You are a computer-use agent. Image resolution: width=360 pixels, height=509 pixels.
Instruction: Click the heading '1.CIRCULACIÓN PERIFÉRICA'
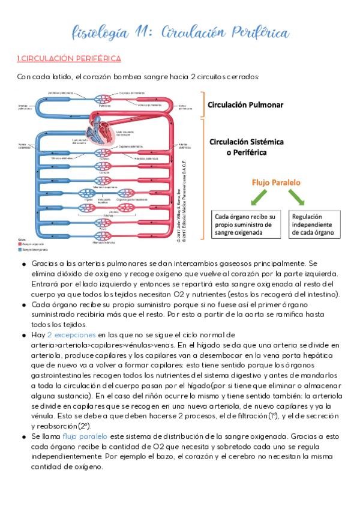pos(69,58)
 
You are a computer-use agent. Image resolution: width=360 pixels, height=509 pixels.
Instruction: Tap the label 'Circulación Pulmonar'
pos(245,104)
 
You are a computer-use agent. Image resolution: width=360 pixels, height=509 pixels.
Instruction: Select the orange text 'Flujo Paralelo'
pos(276,182)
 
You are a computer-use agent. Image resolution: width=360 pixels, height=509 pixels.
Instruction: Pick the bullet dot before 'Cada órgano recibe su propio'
pos(23,305)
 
